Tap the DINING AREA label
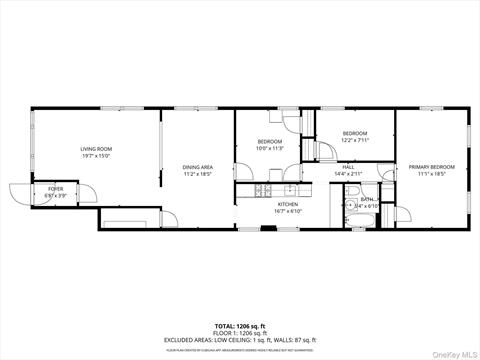point(197,167)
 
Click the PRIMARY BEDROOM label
point(432,166)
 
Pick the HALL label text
point(348,167)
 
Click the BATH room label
point(368,200)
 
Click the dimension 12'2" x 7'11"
point(355,140)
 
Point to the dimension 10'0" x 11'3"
point(270,149)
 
